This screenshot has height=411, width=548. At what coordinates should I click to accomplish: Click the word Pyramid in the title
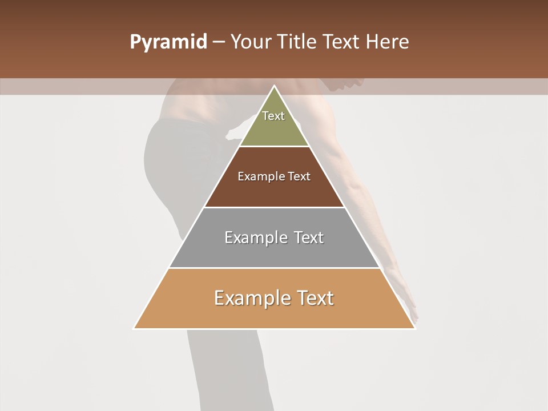pyautogui.click(x=168, y=42)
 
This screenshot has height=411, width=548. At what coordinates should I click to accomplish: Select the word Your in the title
pyautogui.click(x=249, y=42)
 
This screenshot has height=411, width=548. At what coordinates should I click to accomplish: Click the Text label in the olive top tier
pyautogui.click(x=273, y=116)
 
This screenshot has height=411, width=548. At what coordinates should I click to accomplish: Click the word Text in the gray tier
pyautogui.click(x=309, y=237)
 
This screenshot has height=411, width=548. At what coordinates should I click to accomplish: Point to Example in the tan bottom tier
pyautogui.click(x=252, y=298)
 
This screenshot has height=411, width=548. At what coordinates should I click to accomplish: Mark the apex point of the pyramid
pyautogui.click(x=274, y=86)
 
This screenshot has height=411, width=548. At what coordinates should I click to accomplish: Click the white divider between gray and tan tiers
pyautogui.click(x=274, y=268)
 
